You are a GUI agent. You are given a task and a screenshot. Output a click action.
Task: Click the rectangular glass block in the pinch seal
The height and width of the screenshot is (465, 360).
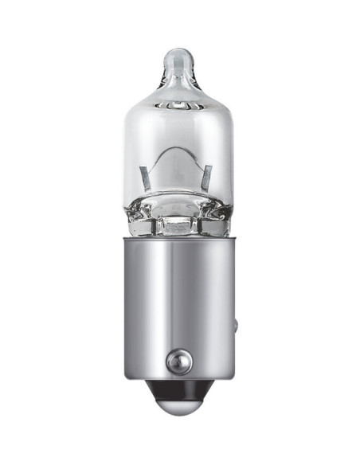click(x=176, y=225)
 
